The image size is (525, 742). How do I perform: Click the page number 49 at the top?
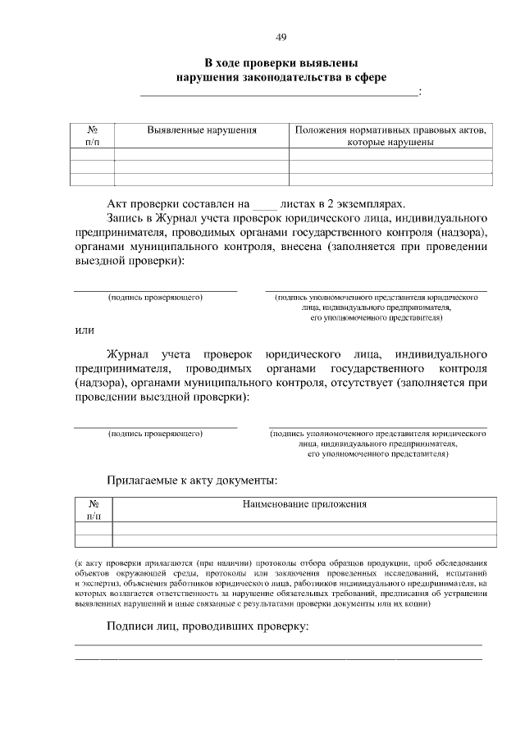tap(281, 38)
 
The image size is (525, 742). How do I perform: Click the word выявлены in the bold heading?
tap(330, 62)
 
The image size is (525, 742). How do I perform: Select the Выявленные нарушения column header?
tap(202, 130)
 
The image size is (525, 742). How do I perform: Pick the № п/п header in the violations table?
tap(92, 135)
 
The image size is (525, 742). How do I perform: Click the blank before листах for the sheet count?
tap(263, 203)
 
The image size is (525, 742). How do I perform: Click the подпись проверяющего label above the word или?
tap(156, 298)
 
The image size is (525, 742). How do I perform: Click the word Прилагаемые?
tap(143, 480)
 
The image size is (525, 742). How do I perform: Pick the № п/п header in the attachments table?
tap(94, 510)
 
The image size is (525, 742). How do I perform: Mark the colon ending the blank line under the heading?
tap(420, 93)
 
